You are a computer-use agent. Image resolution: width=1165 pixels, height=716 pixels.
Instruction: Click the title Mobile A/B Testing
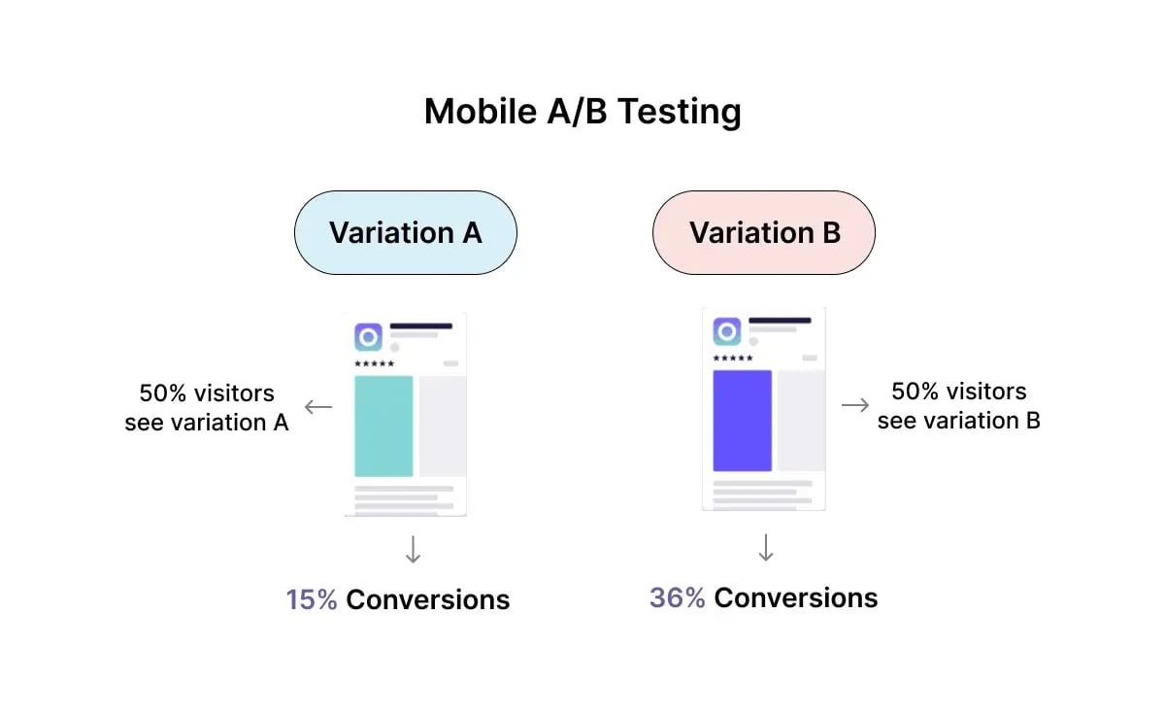pos(582,112)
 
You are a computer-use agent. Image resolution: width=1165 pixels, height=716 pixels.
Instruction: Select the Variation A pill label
pos(405,233)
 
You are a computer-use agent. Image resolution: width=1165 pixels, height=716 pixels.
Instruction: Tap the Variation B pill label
pos(764,233)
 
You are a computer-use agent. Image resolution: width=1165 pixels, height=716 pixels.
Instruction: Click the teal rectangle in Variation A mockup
pos(383,426)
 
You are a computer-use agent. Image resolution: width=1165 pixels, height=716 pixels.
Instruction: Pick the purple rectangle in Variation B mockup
pos(743,420)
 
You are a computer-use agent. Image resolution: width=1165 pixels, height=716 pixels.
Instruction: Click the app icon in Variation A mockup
pos(368,337)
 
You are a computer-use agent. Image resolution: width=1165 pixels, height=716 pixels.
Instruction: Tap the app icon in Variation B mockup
pos(726,331)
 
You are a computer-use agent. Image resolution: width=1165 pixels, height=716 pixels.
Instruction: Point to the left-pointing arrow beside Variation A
pos(318,407)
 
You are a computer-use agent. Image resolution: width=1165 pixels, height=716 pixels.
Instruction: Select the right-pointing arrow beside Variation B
pos(855,405)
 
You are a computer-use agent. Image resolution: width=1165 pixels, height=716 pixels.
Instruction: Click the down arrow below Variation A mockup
pos(413,551)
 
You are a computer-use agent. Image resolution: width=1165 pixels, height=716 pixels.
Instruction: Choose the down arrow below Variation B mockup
pos(766,548)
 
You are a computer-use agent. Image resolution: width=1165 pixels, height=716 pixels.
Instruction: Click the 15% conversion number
pos(312,599)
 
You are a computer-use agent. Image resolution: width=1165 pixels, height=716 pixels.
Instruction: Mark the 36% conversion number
pos(677,597)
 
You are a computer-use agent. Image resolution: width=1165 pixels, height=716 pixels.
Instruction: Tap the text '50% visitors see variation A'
pos(207,408)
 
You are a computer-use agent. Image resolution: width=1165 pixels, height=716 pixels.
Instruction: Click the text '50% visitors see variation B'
pos(958,406)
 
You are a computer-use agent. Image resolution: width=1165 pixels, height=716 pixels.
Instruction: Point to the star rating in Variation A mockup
pos(373,363)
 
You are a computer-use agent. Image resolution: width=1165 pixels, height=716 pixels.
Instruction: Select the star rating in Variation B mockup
pos(732,358)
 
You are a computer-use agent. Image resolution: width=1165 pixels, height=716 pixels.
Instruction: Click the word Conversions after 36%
pos(795,597)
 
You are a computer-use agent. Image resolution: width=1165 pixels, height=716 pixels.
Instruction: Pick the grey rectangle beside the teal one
pos(442,426)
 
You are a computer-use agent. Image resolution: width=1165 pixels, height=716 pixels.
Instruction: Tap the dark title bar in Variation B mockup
pos(780,320)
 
